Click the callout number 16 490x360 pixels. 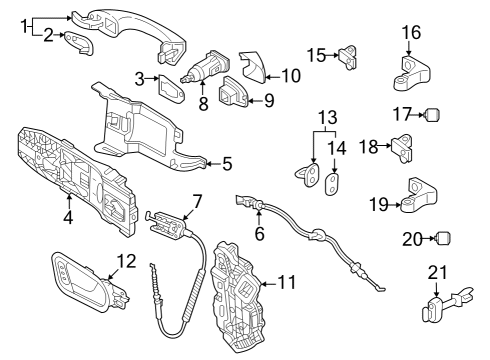point(411,33)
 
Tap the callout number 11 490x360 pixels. point(286,282)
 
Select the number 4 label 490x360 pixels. point(68,217)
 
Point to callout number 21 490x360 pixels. point(437,273)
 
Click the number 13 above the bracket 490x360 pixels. point(328,117)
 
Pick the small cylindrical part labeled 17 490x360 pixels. point(433,115)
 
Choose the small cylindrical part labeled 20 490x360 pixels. point(443,238)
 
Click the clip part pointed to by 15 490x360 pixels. point(348,57)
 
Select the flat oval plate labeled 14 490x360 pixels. point(332,184)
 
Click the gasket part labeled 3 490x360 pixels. point(171,89)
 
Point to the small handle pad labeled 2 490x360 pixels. point(79,42)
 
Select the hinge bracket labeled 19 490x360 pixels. point(418,196)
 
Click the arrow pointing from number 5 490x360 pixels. point(214,164)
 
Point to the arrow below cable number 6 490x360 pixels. point(259,217)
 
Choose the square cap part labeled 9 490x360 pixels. point(233,92)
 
